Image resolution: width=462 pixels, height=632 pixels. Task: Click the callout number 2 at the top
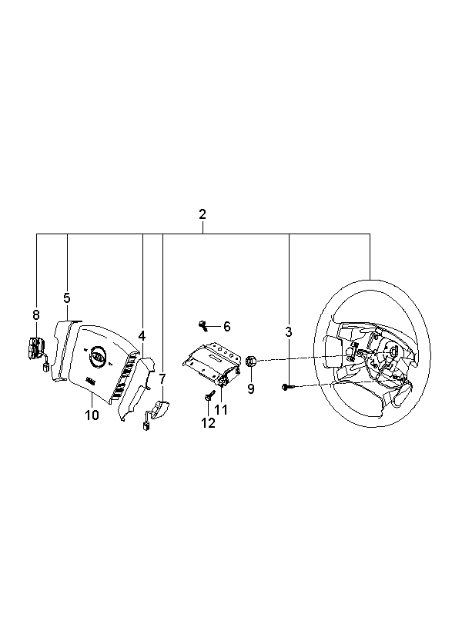click(203, 214)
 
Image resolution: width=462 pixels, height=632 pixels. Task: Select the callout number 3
click(289, 332)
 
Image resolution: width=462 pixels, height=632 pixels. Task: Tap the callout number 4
click(142, 336)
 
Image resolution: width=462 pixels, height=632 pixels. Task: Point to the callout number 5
click(67, 298)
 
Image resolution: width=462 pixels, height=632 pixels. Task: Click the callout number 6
click(227, 327)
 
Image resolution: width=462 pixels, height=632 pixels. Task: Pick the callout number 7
click(162, 378)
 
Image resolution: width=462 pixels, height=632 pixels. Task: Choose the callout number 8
click(36, 314)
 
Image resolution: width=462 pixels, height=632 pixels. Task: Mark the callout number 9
click(251, 389)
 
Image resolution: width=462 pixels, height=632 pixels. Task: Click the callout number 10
click(92, 415)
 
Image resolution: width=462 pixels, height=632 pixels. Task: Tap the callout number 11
click(221, 410)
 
